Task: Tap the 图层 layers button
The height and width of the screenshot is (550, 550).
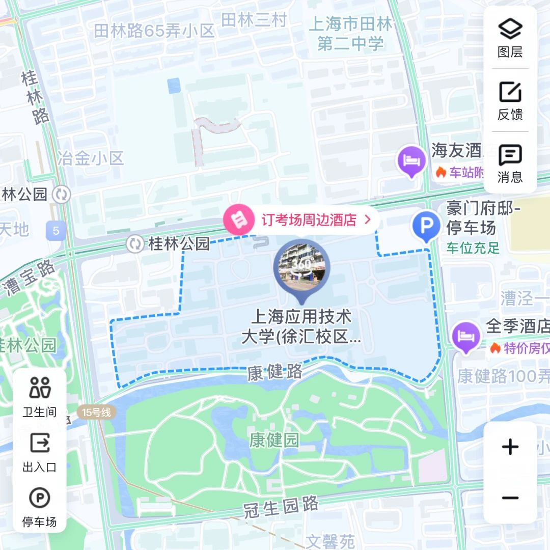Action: pyautogui.click(x=510, y=38)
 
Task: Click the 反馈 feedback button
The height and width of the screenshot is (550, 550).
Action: pyautogui.click(x=510, y=100)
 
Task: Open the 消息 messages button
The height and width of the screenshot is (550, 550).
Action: pyautogui.click(x=510, y=163)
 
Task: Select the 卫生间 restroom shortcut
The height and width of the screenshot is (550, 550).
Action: pyautogui.click(x=40, y=397)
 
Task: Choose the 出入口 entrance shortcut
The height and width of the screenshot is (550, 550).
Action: pyautogui.click(x=40, y=452)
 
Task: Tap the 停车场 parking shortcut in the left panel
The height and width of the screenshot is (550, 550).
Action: pyautogui.click(x=40, y=507)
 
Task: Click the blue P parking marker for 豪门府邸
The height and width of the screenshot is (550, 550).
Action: pyautogui.click(x=426, y=226)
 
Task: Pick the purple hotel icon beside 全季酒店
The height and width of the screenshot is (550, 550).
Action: pyautogui.click(x=466, y=337)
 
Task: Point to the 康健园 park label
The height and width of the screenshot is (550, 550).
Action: pyautogui.click(x=274, y=441)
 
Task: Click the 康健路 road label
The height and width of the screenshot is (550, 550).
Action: pyautogui.click(x=275, y=372)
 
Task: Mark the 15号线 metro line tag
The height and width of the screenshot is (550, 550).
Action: pyautogui.click(x=96, y=412)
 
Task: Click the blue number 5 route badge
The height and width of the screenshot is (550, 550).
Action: pyautogui.click(x=56, y=231)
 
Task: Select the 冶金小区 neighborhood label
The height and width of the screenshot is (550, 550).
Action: pyautogui.click(x=91, y=158)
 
